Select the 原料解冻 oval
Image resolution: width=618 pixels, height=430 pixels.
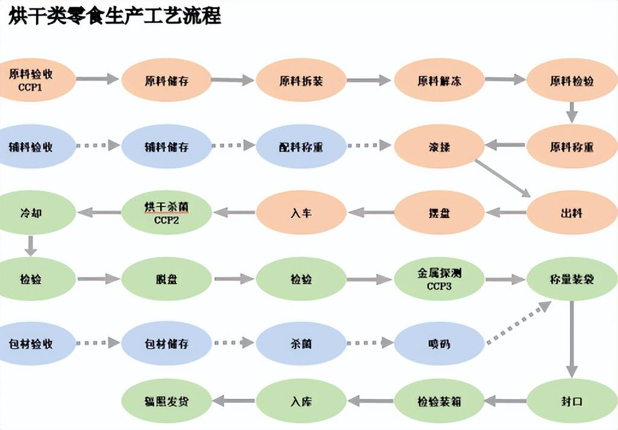[x=439, y=80]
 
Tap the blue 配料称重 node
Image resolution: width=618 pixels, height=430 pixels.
[x=301, y=146]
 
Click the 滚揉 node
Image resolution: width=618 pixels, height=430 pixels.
[x=439, y=146]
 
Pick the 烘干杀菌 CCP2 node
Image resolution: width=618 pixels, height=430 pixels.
[x=167, y=212]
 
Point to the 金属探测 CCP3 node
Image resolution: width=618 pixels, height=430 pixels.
[x=439, y=279]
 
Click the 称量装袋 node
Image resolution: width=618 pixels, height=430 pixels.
[x=572, y=279]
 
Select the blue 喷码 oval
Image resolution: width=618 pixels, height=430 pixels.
[x=439, y=343]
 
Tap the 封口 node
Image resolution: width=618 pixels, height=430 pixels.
[x=572, y=400]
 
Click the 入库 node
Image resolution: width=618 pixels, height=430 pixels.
[x=301, y=400]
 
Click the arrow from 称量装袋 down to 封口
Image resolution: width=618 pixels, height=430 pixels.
[x=572, y=339]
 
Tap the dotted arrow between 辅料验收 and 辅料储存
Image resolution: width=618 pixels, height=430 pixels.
[x=98, y=146]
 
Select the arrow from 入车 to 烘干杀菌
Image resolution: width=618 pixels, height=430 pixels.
[x=234, y=212]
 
